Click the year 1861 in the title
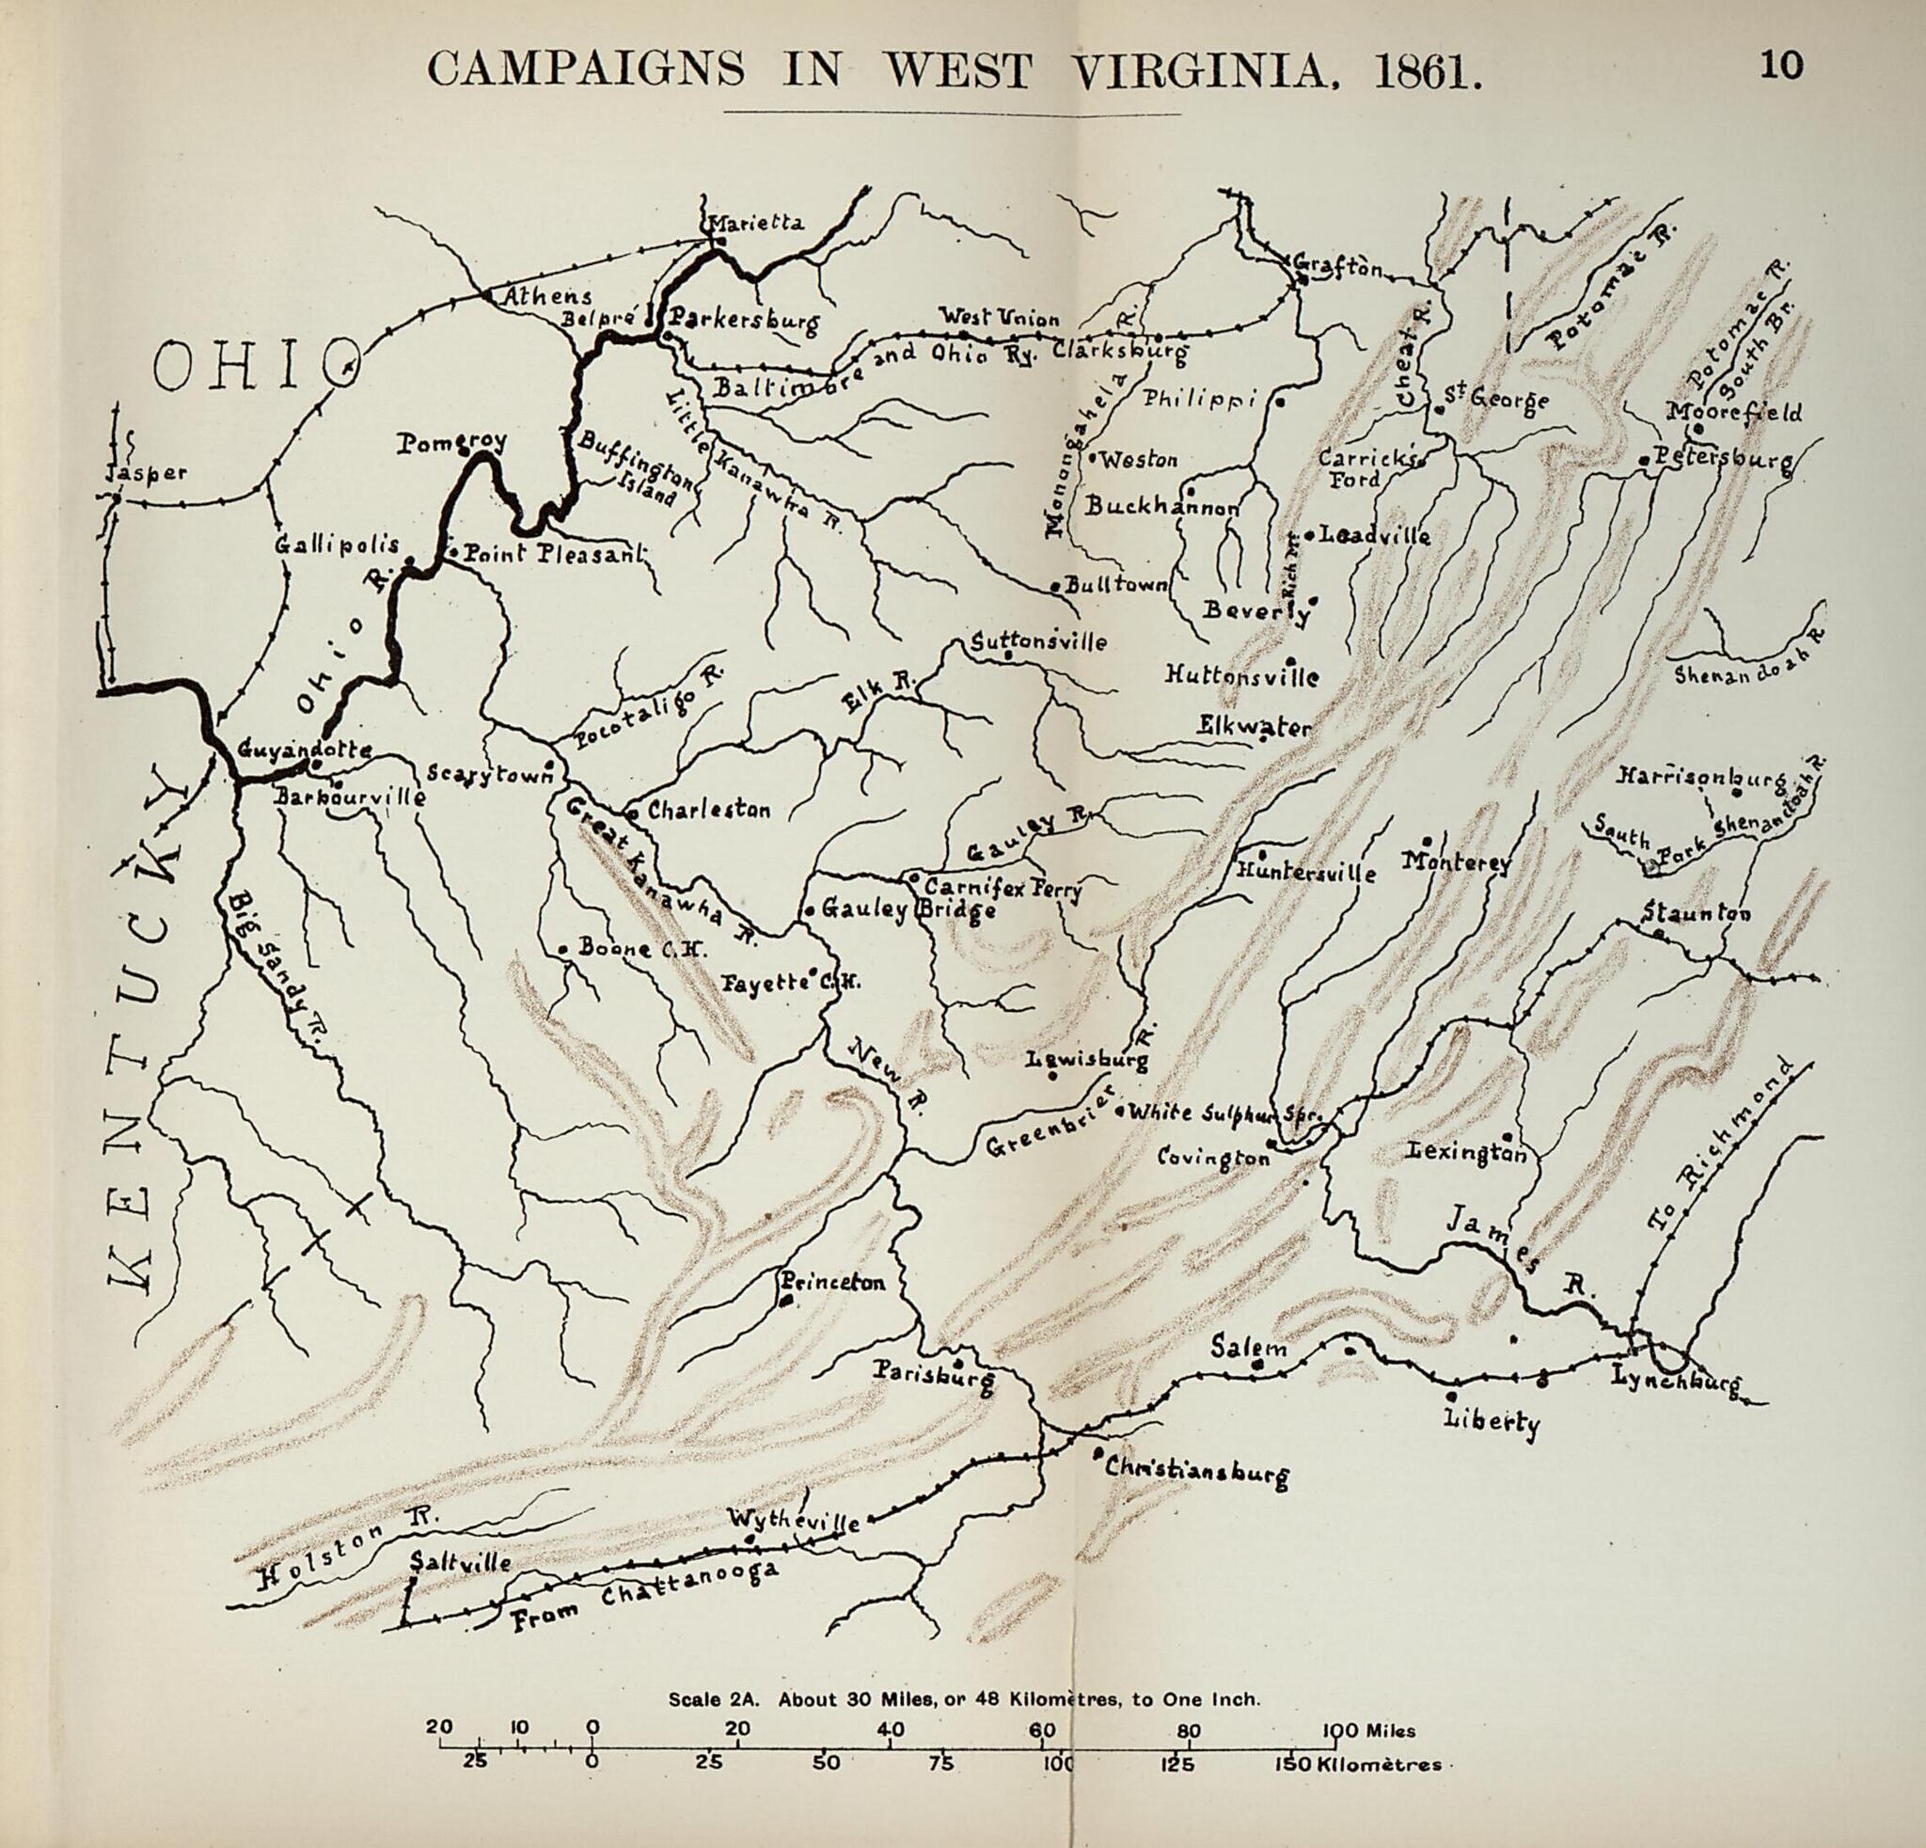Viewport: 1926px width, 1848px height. pos(1426,71)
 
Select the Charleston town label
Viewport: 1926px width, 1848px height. pos(707,811)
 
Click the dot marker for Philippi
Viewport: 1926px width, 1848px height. pos(1279,402)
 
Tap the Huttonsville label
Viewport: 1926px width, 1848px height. pos(1242,676)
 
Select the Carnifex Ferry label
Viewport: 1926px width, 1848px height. pos(1002,889)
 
